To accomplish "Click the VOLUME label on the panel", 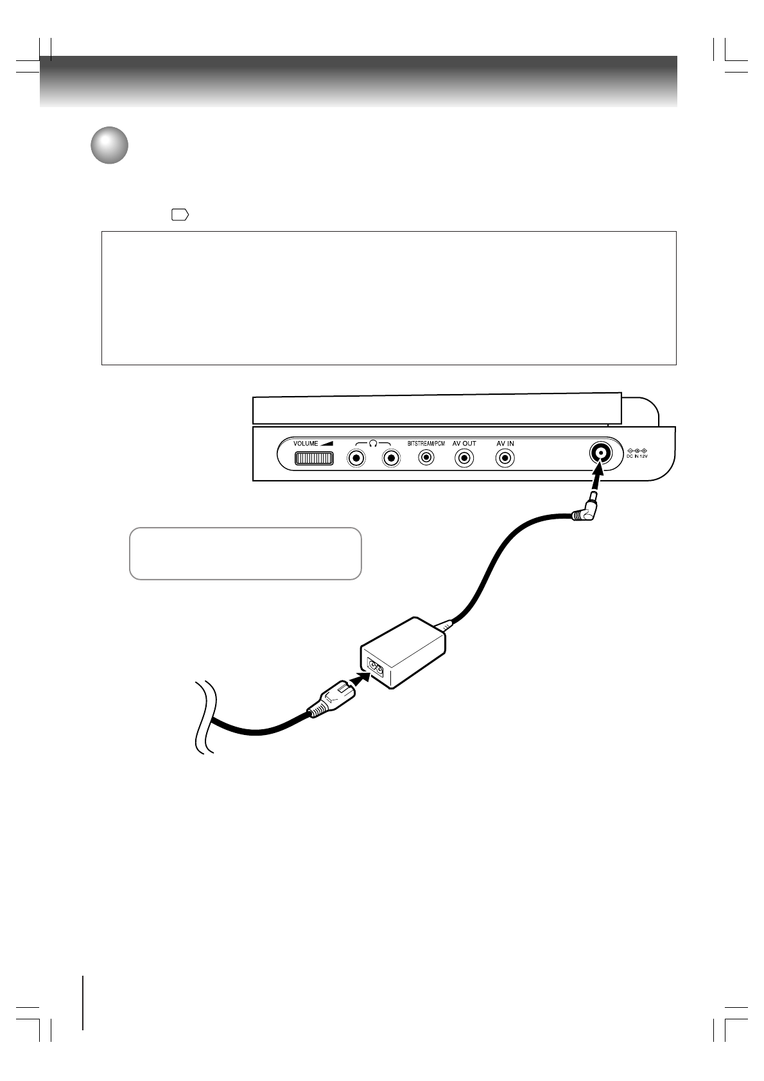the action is pyautogui.click(x=306, y=444).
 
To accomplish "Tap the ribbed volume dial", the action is pyautogui.click(x=314, y=458).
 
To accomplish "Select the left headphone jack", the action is pyautogui.click(x=356, y=458).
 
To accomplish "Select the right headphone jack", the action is pyautogui.click(x=390, y=458).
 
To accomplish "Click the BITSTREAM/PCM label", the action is pyautogui.click(x=426, y=444).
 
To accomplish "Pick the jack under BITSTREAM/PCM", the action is pyautogui.click(x=426, y=458).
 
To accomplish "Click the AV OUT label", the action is pyautogui.click(x=464, y=444).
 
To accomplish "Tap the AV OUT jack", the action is pyautogui.click(x=464, y=458).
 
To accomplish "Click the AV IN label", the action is pyautogui.click(x=505, y=444).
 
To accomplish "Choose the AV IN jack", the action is pyautogui.click(x=506, y=458).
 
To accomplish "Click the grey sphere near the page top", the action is pyautogui.click(x=109, y=146).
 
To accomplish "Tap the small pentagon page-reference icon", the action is pyautogui.click(x=180, y=216).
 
